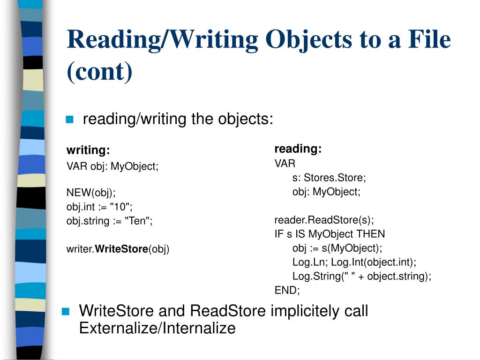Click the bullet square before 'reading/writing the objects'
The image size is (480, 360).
coord(70,120)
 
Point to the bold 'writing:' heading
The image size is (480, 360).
coord(88,150)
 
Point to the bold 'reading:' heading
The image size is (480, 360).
coord(298,149)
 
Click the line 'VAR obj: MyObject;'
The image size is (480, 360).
coord(112,166)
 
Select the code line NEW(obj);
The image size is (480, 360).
coord(90,193)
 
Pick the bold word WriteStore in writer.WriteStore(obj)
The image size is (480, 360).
coord(121,249)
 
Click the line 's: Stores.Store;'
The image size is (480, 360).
coord(329,178)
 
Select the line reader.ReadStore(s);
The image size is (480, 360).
coord(324,220)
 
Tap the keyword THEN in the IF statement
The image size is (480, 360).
coord(370,234)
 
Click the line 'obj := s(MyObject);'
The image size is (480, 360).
coord(337,248)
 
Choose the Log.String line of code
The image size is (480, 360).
coord(361,276)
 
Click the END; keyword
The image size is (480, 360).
coord(287,290)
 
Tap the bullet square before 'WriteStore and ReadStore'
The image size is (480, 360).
coord(66,311)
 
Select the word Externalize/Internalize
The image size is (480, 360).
coord(157,328)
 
